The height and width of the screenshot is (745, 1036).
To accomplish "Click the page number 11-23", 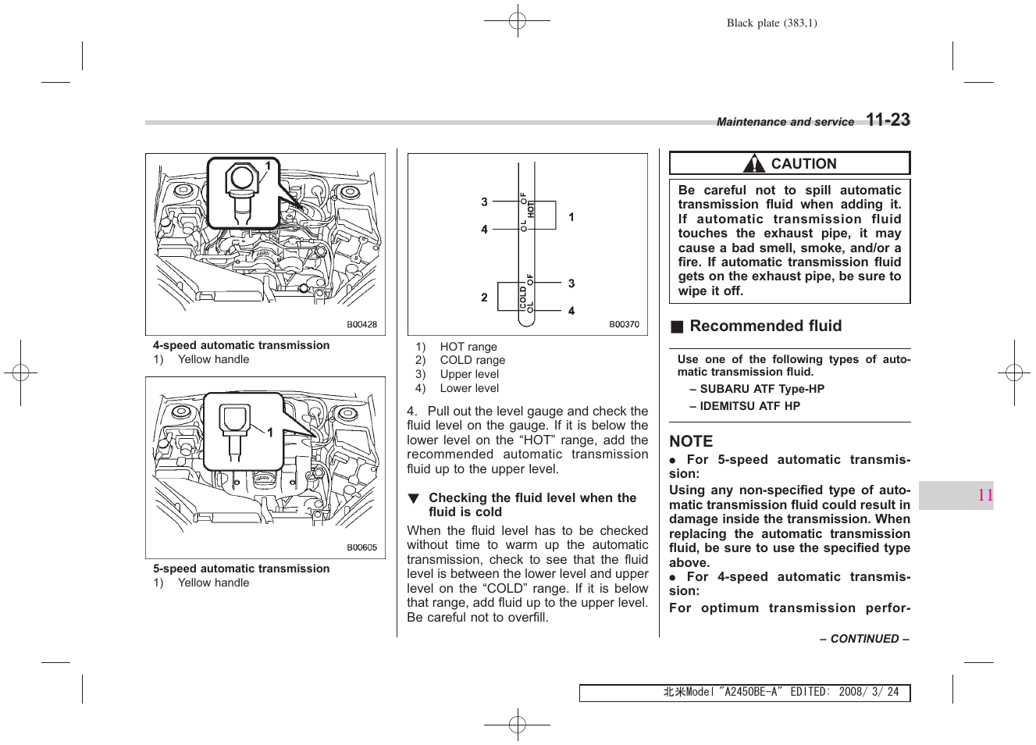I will point(888,120).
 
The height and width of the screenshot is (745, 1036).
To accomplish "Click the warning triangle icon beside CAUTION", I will point(753,164).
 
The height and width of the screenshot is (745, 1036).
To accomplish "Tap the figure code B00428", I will point(361,324).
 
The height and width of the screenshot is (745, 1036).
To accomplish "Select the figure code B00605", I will point(361,547).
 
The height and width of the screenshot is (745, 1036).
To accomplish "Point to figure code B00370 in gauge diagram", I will point(624,324).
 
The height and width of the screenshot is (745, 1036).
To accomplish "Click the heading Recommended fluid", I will point(765,326).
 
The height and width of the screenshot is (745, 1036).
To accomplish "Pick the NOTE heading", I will point(691,441).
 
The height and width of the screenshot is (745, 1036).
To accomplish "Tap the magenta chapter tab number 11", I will point(985,495).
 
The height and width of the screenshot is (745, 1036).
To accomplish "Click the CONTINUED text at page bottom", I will point(864,639).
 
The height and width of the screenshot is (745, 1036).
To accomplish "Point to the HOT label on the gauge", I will point(531,209).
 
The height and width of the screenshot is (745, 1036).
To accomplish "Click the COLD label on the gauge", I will point(523,296).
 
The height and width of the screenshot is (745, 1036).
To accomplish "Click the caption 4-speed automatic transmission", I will point(241,345).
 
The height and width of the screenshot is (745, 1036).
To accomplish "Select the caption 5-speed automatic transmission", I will point(241,569).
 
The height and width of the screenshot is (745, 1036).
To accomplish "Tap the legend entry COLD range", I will point(472,360).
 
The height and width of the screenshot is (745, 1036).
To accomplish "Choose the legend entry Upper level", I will point(468,374).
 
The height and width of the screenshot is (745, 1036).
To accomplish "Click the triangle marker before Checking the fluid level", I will point(414,498).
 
